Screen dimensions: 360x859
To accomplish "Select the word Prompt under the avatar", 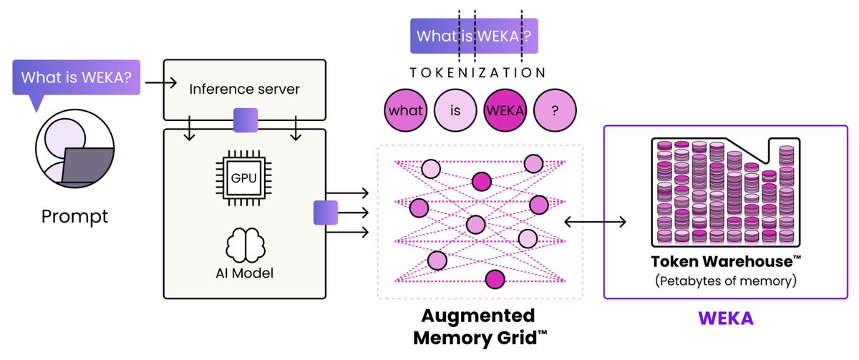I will click(75, 215).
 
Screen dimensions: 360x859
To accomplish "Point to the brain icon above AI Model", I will click(245, 245).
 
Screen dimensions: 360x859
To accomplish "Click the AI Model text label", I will click(245, 273).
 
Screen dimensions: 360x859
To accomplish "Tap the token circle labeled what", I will click(406, 111).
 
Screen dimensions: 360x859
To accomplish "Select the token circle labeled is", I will click(456, 111).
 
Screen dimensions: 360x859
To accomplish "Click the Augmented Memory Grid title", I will click(478, 325).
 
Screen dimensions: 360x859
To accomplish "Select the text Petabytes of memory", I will click(724, 281).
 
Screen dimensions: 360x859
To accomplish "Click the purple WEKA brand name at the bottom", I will click(724, 318).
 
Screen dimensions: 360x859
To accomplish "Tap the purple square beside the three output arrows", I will click(325, 213).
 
